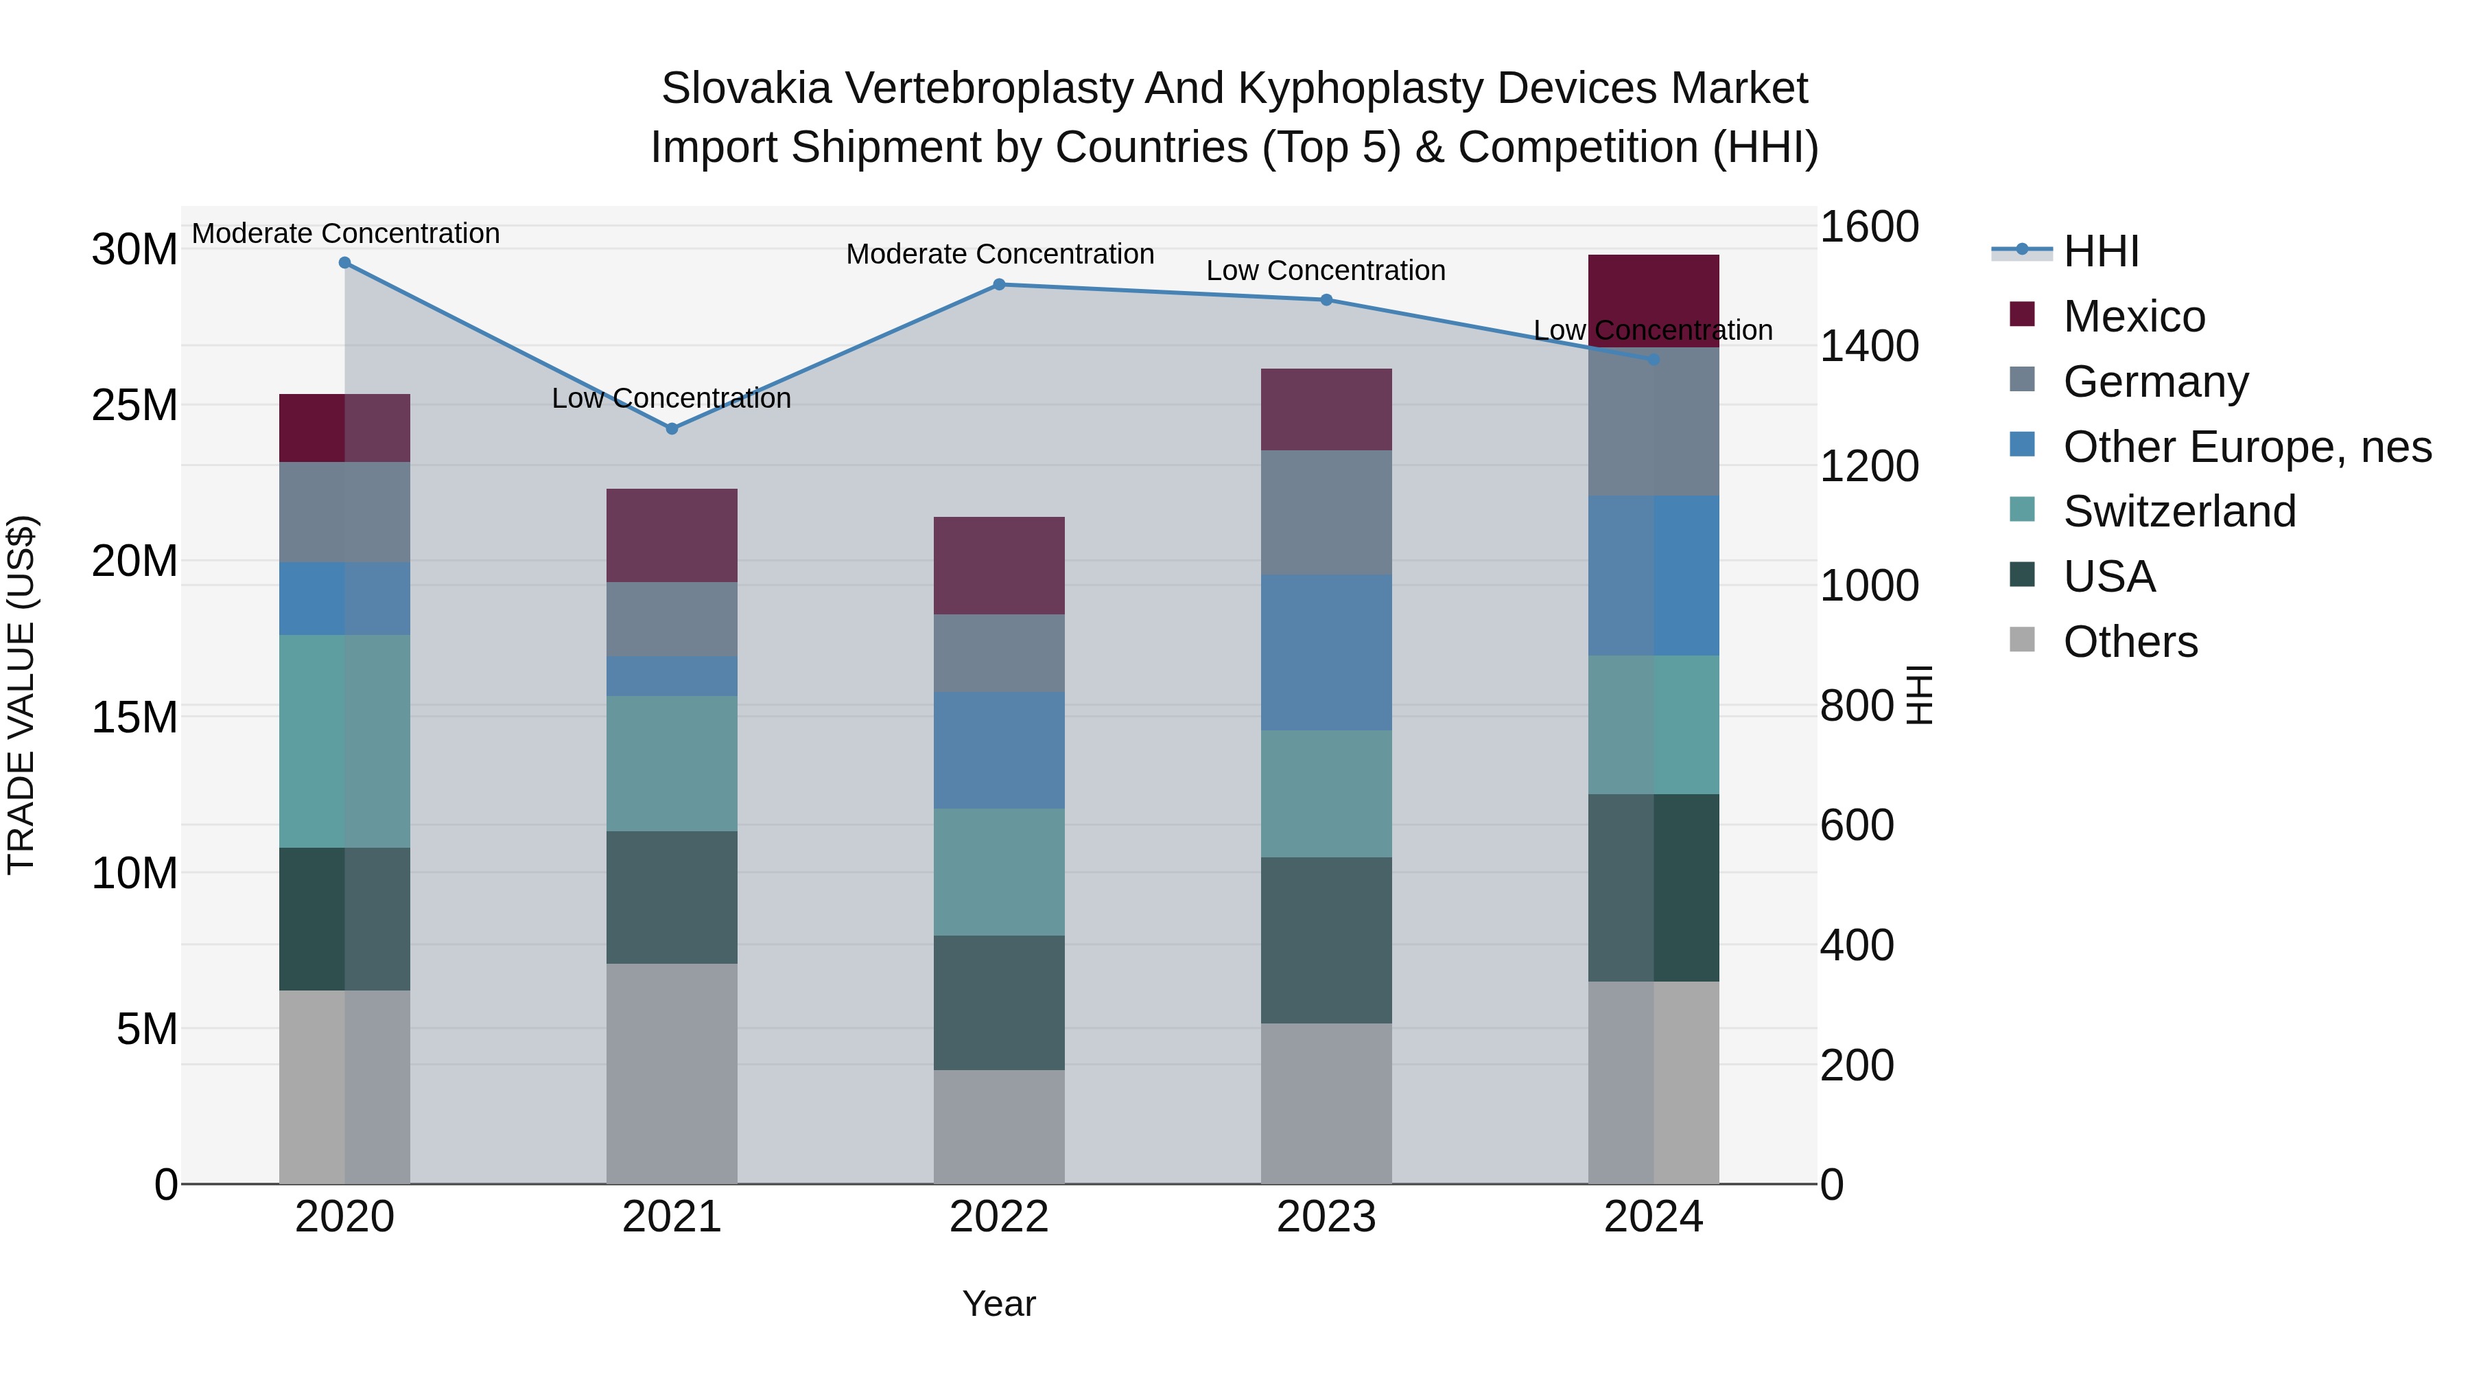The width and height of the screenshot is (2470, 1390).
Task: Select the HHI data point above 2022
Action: [x=998, y=285]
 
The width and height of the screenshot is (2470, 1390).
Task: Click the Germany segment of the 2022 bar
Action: [x=998, y=653]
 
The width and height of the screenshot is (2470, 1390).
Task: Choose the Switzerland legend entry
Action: [x=2178, y=511]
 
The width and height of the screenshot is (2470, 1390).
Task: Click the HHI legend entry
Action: [x=2100, y=251]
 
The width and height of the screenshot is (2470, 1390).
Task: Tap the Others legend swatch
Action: [x=2021, y=640]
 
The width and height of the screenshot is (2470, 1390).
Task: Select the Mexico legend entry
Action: [x=2133, y=316]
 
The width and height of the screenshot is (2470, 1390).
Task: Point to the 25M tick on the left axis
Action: [x=134, y=406]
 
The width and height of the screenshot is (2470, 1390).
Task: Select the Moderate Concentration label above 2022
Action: [x=999, y=254]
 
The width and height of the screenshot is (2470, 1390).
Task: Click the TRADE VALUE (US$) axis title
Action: [x=21, y=695]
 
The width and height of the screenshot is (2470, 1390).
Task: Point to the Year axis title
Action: [x=998, y=1304]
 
